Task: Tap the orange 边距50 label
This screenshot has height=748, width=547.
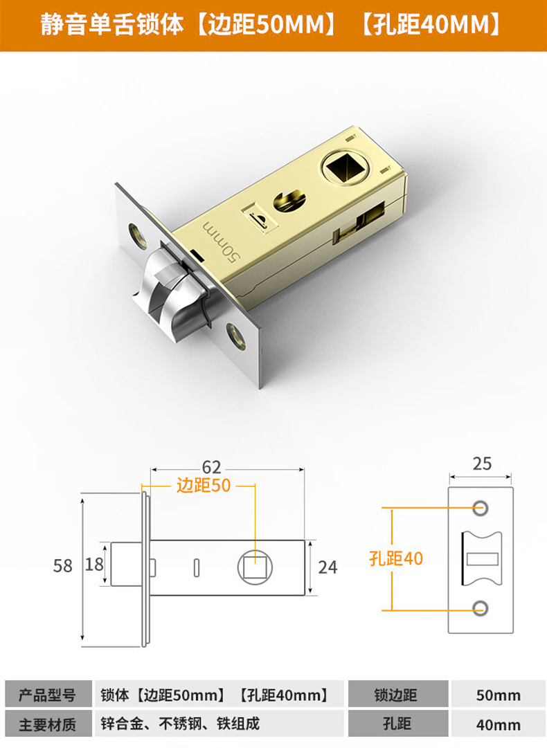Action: click(204, 486)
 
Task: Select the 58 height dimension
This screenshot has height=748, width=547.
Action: click(63, 565)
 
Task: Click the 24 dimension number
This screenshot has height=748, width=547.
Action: click(327, 567)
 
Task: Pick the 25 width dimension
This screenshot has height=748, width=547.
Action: click(482, 463)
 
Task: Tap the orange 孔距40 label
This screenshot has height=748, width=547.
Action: click(396, 558)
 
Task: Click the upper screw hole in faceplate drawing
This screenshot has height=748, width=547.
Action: click(480, 508)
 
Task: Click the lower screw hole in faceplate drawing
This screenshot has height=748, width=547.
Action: click(480, 608)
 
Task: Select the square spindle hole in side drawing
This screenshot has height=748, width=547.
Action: click(255, 567)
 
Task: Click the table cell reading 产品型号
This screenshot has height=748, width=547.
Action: click(46, 695)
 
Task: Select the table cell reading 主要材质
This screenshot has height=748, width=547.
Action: click(46, 724)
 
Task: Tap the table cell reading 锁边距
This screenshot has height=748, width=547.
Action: click(396, 695)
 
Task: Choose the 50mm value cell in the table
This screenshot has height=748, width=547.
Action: click(498, 695)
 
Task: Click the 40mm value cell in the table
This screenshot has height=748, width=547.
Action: click(498, 724)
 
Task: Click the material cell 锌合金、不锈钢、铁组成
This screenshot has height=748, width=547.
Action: click(180, 724)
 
